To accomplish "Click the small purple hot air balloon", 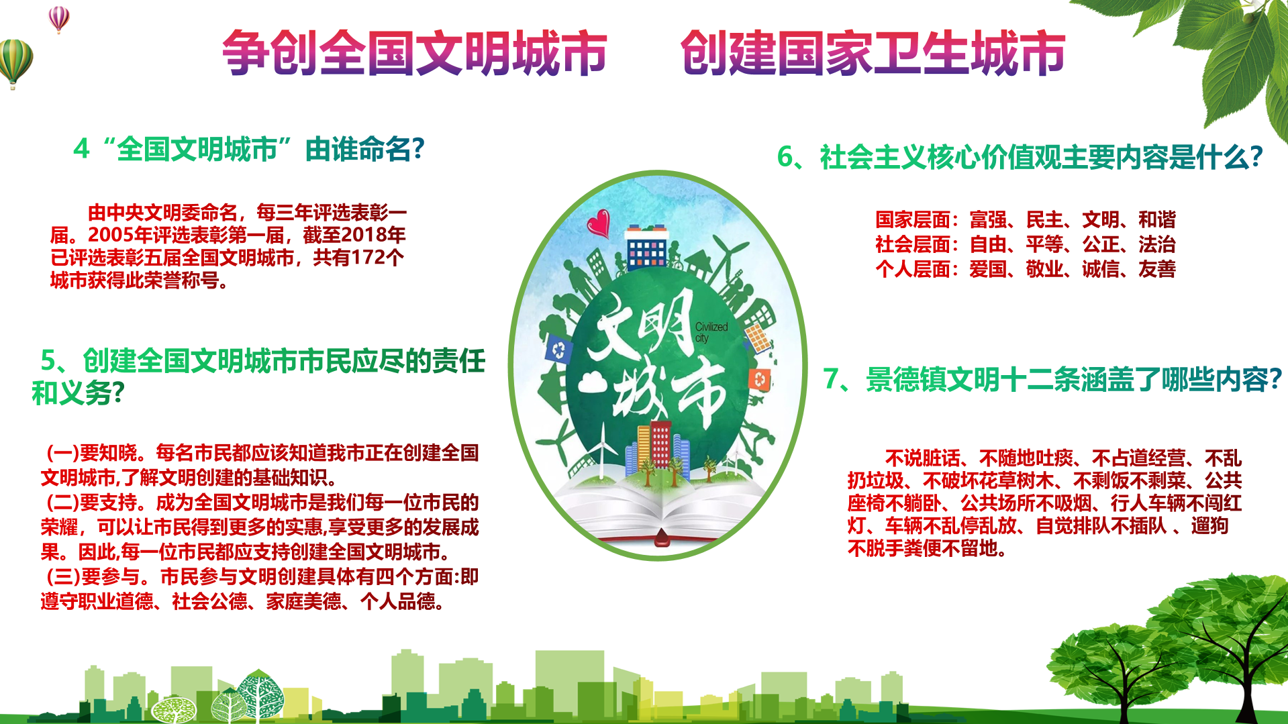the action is coord(59,19).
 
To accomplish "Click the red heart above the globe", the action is coord(599,223).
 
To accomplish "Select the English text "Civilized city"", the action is coord(711,332).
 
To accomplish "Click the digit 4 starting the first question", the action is coord(81,148).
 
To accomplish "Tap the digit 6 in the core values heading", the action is coord(785,157).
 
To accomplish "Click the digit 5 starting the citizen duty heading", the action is coord(48,360).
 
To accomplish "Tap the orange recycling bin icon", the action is coord(760,380).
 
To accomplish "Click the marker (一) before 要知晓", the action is coord(62,453).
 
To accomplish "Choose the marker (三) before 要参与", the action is coord(62,576).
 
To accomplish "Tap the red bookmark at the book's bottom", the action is coord(661,537).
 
